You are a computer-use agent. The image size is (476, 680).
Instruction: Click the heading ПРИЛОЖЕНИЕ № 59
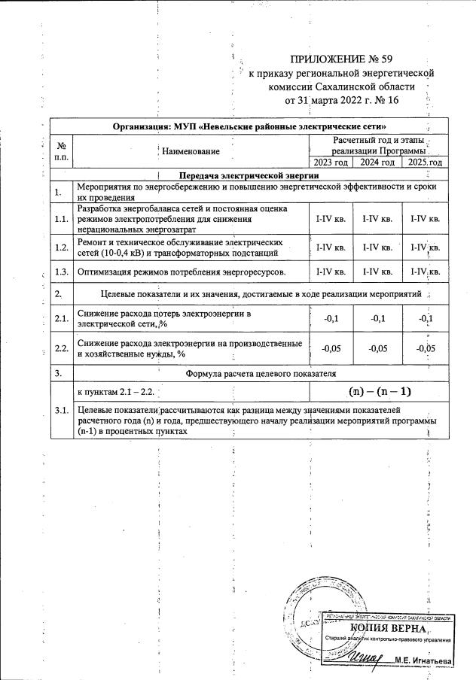(x=342, y=59)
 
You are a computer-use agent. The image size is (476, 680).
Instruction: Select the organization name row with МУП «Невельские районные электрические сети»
(x=249, y=125)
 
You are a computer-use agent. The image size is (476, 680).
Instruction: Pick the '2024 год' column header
(x=377, y=162)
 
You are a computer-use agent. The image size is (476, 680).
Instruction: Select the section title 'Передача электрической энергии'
(x=249, y=175)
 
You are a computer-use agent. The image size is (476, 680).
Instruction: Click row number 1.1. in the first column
(x=61, y=218)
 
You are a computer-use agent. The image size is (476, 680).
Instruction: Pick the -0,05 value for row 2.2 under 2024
(x=377, y=348)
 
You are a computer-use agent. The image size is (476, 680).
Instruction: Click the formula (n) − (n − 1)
(x=380, y=392)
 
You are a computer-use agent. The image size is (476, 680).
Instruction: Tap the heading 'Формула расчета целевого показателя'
(x=261, y=372)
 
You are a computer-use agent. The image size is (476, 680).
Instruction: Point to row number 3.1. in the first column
(x=61, y=410)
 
